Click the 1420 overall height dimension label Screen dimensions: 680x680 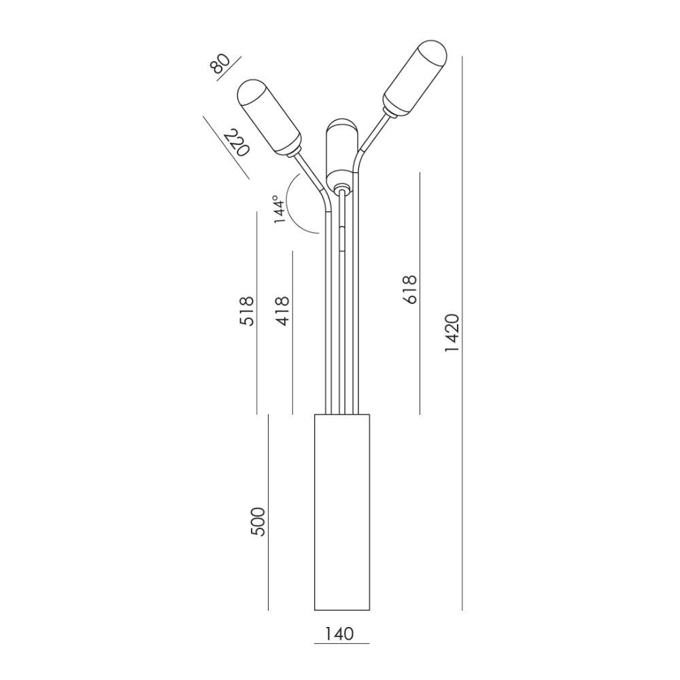pyautogui.click(x=452, y=333)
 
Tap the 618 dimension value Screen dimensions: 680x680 pyautogui.click(x=409, y=289)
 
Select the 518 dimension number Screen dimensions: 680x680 pyautogui.click(x=247, y=311)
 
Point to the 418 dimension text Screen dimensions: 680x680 pyautogui.click(x=282, y=311)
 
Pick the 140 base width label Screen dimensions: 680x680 pyautogui.click(x=339, y=634)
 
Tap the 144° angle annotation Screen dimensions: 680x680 pyautogui.click(x=279, y=209)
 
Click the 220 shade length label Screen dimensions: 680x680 pyautogui.click(x=237, y=142)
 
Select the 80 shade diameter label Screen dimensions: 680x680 pyautogui.click(x=220, y=65)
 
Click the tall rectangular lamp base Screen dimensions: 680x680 pyautogui.click(x=342, y=512)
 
